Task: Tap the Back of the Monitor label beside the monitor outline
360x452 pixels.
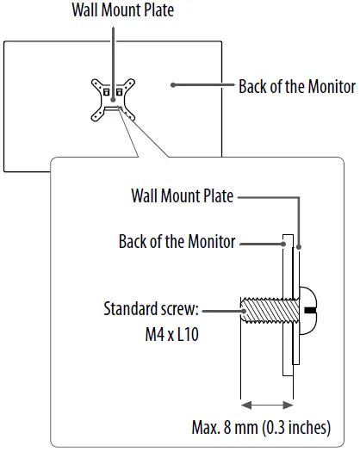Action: pos(296,87)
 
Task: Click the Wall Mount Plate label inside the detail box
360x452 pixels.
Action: pos(182,195)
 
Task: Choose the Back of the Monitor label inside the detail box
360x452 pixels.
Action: pos(177,242)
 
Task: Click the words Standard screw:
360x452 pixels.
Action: pos(151,309)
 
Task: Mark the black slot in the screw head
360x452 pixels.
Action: pos(311,307)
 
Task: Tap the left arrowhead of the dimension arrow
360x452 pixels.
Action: pos(245,403)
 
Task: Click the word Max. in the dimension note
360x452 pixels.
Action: pos(206,428)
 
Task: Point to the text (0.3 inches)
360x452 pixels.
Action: pos(298,428)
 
